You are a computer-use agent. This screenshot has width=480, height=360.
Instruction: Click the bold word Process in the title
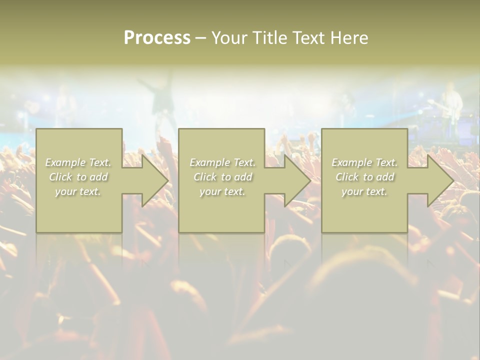pos(157,38)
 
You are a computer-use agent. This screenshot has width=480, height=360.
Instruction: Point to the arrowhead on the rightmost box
pos(439,180)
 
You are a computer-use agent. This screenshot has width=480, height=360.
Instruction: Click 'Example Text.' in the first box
pos(78,162)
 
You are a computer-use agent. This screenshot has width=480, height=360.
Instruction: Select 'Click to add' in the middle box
pos(222,177)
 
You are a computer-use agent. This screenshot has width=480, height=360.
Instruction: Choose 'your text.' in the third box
pos(364,191)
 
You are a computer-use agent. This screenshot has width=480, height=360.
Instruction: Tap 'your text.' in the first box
pos(78,191)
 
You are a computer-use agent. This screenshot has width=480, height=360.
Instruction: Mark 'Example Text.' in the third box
pos(364,162)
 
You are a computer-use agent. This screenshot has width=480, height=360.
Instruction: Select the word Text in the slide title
pos(308,38)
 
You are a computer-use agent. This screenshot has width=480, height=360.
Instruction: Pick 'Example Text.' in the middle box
pos(222,162)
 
